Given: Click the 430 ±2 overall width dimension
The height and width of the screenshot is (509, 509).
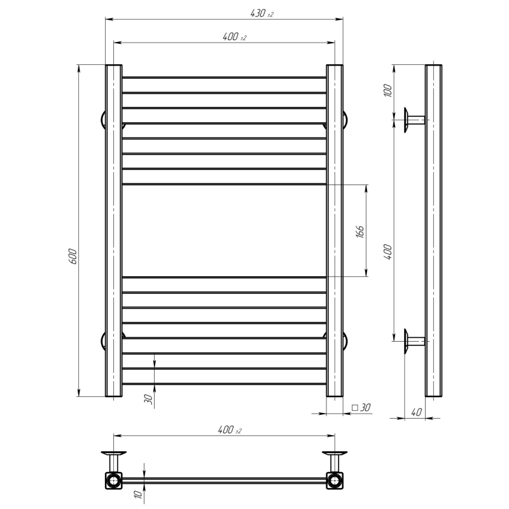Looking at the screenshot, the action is point(262,13).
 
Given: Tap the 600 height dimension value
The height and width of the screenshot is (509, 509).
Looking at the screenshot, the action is point(73,256).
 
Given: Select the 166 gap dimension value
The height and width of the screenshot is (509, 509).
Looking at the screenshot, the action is point(360,231).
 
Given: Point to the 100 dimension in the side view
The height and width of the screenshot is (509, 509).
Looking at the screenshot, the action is point(387,90).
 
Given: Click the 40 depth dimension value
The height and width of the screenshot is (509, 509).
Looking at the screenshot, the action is point(416,412).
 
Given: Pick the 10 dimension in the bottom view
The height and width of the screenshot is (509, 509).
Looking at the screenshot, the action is point(138,494).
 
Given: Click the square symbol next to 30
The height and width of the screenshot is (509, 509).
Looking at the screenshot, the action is point(355,407).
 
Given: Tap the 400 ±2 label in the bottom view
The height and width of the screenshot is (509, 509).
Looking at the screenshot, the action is point(230,430).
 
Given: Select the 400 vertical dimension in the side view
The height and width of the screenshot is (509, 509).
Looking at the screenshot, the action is point(388,252).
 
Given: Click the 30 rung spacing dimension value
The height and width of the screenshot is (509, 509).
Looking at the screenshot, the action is point(148,399).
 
